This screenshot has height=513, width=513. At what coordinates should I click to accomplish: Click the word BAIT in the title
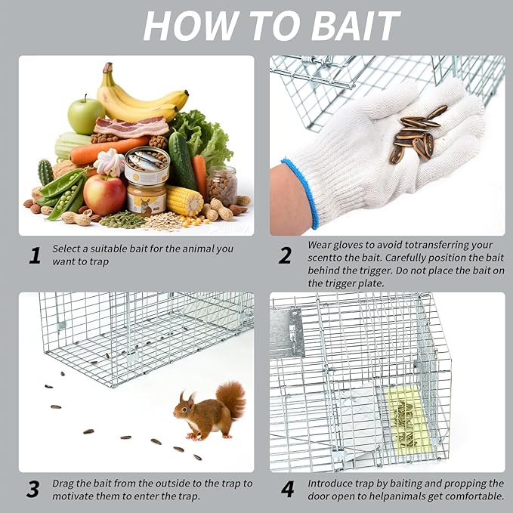click(x=356, y=26)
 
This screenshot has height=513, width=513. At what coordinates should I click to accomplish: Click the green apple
click(x=85, y=116)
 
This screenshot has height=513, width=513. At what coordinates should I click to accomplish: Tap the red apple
click(x=104, y=195)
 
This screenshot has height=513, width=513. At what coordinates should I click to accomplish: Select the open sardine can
click(x=147, y=165)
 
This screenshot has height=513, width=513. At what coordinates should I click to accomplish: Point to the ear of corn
click(x=184, y=200)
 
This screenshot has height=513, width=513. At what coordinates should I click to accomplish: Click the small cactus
click(x=45, y=172)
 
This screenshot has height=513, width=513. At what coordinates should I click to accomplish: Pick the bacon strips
click(x=131, y=127)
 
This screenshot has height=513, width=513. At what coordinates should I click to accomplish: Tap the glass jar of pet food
click(x=221, y=186)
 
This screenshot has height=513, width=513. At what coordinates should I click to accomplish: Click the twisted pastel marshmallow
click(x=110, y=162)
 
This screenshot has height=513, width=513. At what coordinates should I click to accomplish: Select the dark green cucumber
click(x=182, y=160)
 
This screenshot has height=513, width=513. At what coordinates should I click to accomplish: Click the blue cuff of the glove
click(x=301, y=193)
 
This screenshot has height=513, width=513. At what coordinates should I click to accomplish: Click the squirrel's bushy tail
click(x=232, y=399)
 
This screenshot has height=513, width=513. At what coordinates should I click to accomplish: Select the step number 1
click(x=35, y=255)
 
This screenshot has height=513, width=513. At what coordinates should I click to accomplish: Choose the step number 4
click(x=287, y=489)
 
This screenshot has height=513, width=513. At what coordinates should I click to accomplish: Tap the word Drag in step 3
click(x=63, y=484)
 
